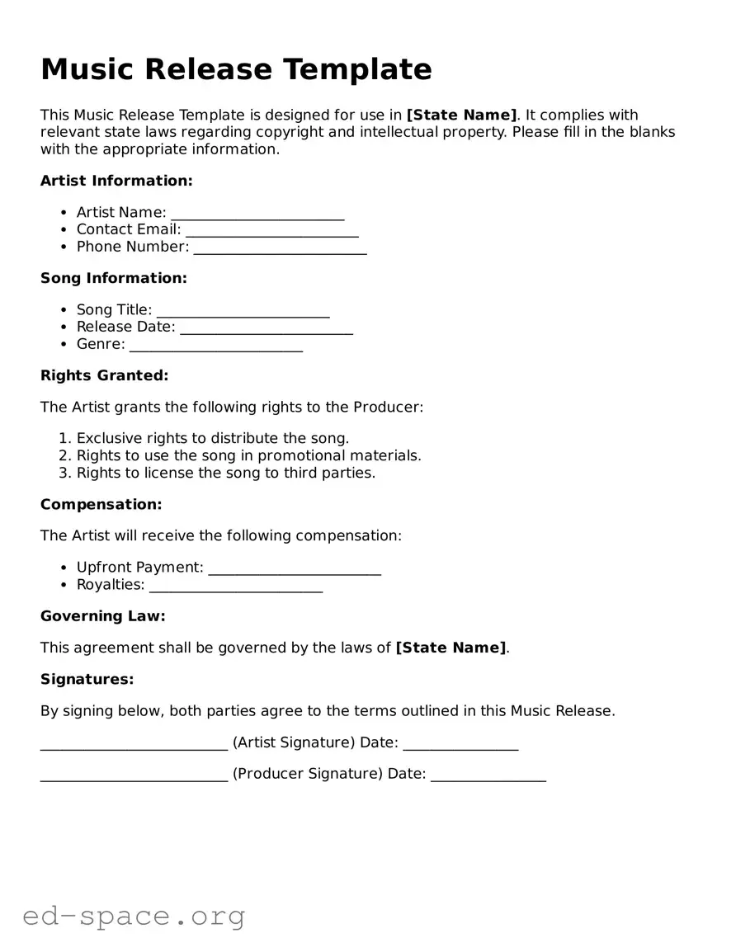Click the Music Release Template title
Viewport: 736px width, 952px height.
[x=236, y=69]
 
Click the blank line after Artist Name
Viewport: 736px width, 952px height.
[x=257, y=214]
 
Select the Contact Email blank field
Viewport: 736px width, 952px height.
[x=271, y=231]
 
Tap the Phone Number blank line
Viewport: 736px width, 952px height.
[x=280, y=248]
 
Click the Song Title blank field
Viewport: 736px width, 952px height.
[x=243, y=311]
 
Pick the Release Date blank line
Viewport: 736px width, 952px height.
[x=266, y=328]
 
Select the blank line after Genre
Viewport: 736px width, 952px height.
[x=216, y=346]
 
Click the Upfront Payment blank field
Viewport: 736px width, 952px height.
[x=295, y=568]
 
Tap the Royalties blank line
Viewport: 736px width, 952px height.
[x=236, y=586]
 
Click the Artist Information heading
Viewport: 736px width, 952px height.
[x=116, y=181]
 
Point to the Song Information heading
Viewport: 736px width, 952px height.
[x=114, y=278]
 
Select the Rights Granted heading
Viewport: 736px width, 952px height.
[x=104, y=375]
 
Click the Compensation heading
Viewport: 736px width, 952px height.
[x=101, y=504]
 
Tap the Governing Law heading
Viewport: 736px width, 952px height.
[x=103, y=616]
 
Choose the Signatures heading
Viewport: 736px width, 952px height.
[x=87, y=679]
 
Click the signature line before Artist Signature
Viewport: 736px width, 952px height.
[x=134, y=744]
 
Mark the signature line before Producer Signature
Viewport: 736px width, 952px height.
[x=134, y=775]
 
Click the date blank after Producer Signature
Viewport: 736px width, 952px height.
[x=488, y=775]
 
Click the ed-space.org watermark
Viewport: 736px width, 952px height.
[x=134, y=916]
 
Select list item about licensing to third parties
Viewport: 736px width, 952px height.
[x=225, y=473]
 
